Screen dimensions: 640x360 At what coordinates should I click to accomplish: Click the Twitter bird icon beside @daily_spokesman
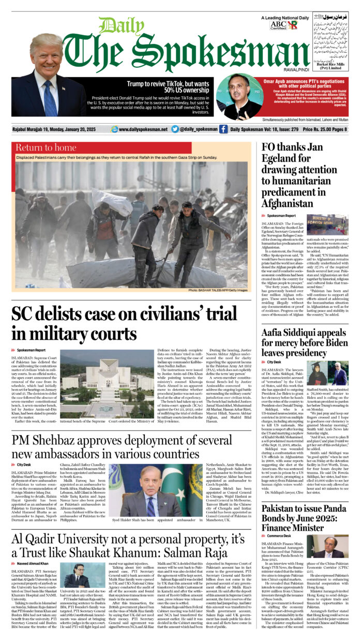[x=175, y=129]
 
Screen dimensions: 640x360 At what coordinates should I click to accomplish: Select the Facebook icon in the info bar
[x=223, y=129]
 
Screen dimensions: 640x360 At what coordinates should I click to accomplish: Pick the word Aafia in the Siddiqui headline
[x=277, y=332]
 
